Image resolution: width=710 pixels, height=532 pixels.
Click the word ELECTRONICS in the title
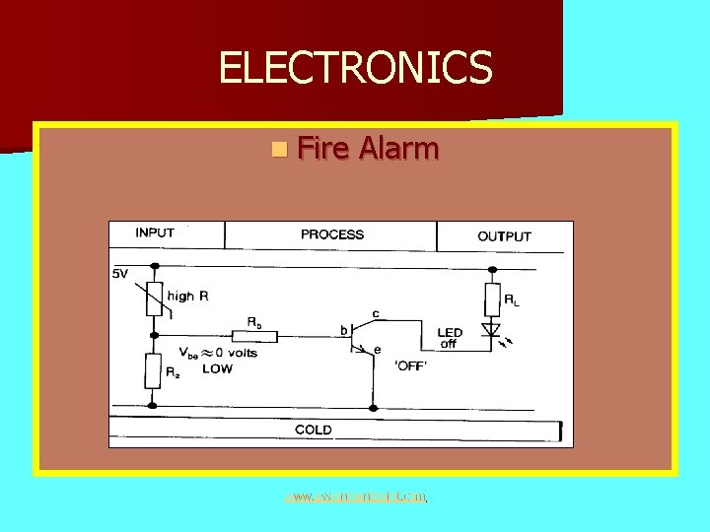355,68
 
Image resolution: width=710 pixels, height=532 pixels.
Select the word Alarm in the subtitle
399,149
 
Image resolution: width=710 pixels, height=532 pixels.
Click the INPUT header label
155,233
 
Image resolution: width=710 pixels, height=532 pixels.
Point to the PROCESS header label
332,234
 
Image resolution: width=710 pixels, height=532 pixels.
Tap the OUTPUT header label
504,236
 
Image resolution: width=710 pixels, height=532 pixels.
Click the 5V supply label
120,274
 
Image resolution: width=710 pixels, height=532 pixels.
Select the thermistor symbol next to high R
153,298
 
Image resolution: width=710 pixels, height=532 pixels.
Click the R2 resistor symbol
153,370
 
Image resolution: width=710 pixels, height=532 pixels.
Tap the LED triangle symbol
490,329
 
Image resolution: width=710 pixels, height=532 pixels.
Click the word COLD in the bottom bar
314,430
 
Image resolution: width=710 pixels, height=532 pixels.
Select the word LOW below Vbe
218,367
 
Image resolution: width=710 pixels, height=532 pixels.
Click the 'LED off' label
449,338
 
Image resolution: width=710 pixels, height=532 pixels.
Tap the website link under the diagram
355,497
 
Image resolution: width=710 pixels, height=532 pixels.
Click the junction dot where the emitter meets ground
374,404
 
